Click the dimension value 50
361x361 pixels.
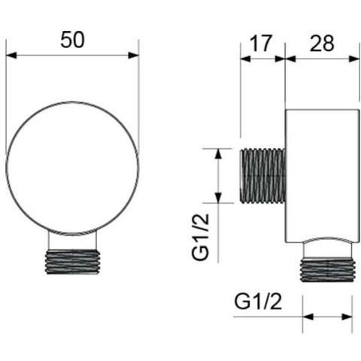(73, 40)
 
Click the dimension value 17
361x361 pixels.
(261, 43)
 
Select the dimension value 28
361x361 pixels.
(322, 43)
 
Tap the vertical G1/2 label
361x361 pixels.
(200, 237)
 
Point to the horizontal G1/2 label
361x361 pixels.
(258, 302)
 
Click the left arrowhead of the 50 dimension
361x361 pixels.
(11, 55)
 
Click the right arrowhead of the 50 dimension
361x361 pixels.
(133, 55)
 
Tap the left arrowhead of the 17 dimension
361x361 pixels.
(245, 59)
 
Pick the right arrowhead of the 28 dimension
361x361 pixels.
(354, 59)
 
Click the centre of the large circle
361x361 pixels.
(72, 168)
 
